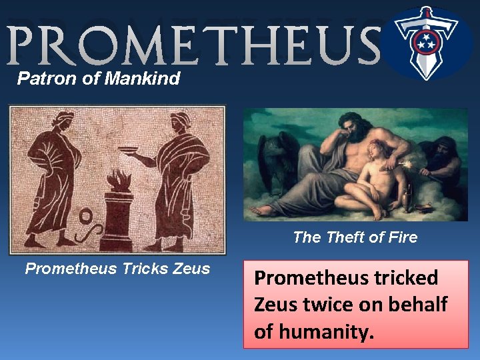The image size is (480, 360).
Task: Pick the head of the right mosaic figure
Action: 179,122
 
